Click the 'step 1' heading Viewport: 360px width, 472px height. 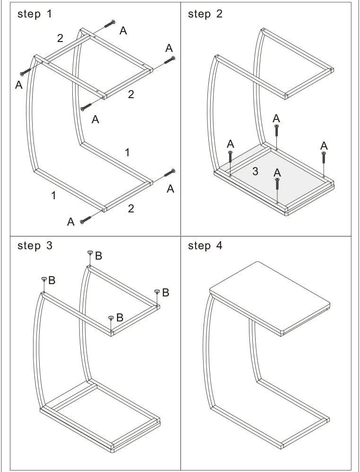tap(34, 14)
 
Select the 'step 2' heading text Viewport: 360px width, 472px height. tap(205, 14)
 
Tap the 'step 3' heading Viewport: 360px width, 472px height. tap(34, 245)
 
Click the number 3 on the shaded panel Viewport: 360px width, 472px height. tap(255, 171)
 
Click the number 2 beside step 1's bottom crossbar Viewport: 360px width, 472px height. tap(131, 208)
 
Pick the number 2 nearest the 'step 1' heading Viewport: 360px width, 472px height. tap(60, 38)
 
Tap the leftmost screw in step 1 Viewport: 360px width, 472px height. tap(26, 72)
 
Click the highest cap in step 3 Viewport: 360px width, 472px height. tap(90, 253)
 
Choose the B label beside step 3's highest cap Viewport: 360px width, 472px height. tap(98, 255)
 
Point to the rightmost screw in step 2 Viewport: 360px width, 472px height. tap(324, 157)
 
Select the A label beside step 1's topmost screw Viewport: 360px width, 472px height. tap(123, 31)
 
